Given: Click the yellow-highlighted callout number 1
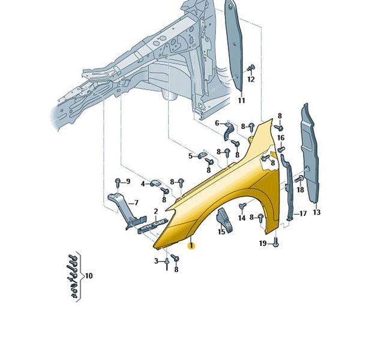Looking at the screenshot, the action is [191, 246].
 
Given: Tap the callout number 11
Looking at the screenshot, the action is [242, 100].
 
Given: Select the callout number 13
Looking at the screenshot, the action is [317, 212].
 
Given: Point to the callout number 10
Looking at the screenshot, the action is [89, 275].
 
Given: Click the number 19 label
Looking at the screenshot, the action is [263, 243].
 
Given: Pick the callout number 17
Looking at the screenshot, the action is [303, 214].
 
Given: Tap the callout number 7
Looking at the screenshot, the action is [136, 203].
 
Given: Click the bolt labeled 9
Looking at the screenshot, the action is [118, 183].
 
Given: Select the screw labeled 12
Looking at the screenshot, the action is [251, 69].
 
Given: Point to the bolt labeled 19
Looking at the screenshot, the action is [276, 242].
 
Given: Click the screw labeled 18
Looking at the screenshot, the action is [299, 179].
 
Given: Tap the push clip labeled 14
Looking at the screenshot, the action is [242, 206].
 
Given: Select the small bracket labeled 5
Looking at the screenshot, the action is [202, 155].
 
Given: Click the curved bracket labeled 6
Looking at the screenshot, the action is [228, 131].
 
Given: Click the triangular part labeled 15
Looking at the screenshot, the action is [225, 221].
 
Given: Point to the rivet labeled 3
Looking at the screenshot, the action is [167, 264].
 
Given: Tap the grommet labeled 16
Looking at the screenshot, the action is [281, 149].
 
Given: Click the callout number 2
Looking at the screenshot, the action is [156, 211].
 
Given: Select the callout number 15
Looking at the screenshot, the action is [221, 232].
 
